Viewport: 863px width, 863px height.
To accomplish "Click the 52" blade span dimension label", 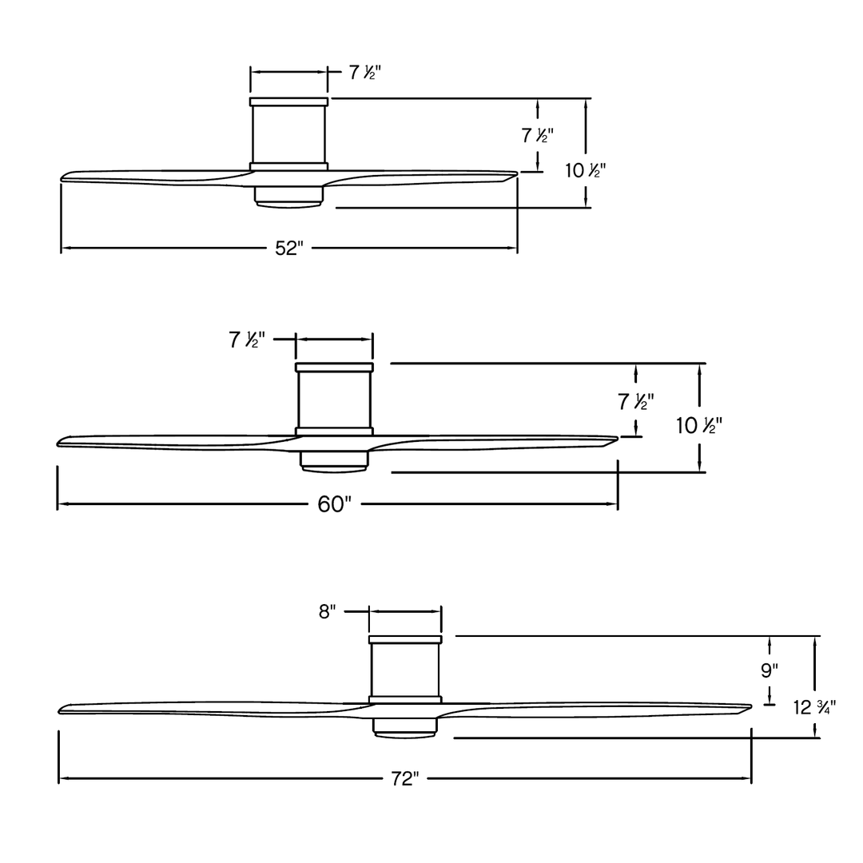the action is tap(289, 249).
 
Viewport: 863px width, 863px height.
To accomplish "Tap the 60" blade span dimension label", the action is tap(334, 504).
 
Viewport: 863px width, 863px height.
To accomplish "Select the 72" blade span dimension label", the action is tap(404, 779).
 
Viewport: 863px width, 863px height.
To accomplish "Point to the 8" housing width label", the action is tap(327, 611).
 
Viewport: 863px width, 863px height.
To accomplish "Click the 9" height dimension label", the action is tap(770, 670).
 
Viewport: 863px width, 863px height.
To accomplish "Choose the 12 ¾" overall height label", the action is tap(814, 707).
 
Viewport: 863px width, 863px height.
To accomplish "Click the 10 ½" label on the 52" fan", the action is tap(585, 171).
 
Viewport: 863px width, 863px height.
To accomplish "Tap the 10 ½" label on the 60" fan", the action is tap(699, 425).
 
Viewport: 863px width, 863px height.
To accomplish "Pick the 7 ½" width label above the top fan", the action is tap(365, 72).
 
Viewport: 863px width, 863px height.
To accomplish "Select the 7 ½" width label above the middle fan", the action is tap(247, 340).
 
